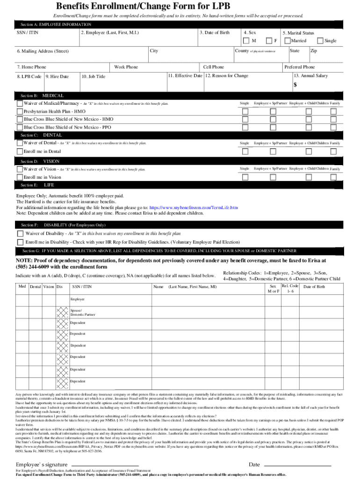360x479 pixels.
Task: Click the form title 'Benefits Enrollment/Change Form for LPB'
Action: (x=180, y=7)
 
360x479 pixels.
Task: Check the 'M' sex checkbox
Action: (x=245, y=41)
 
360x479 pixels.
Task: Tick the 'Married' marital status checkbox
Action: (x=287, y=41)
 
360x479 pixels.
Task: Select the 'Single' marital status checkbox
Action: (x=320, y=41)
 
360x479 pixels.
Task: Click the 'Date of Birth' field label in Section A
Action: (x=215, y=33)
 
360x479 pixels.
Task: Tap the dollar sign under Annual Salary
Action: (x=295, y=85)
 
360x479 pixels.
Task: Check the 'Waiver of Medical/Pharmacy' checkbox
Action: (x=20, y=103)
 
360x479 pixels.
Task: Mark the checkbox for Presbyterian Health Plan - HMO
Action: (x=20, y=112)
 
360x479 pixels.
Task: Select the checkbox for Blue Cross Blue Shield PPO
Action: (x=20, y=127)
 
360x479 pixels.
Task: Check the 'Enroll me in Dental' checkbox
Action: (x=20, y=152)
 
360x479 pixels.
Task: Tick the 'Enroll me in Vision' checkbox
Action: (x=20, y=177)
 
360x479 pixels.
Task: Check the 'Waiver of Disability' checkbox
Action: (x=20, y=233)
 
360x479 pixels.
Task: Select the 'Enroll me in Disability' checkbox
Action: (x=20, y=242)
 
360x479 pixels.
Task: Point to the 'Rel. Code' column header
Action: (x=290, y=286)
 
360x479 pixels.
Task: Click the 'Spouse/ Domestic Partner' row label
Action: (x=82, y=312)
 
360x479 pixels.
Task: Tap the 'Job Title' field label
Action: (x=94, y=77)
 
